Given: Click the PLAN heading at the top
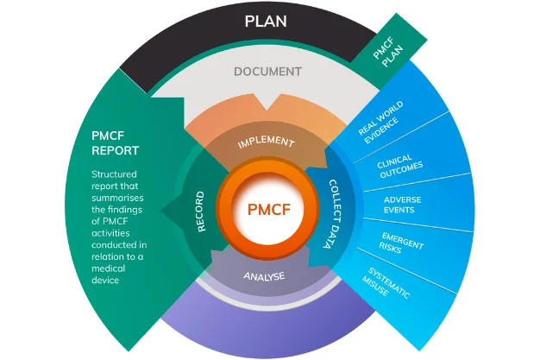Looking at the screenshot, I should click(x=267, y=21).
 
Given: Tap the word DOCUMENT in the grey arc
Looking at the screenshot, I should click(x=267, y=71).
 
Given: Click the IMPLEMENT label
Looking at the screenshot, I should click(x=267, y=142).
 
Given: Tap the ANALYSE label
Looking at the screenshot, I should click(x=267, y=277).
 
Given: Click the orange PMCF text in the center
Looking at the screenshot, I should click(x=267, y=210).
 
